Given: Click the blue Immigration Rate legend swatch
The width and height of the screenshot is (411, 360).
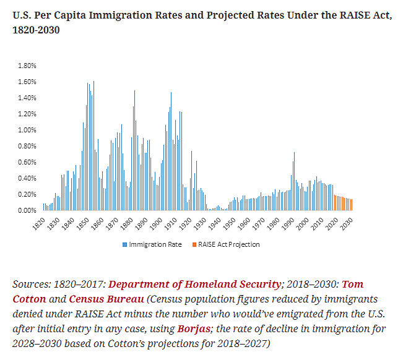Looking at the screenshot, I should coord(125,244).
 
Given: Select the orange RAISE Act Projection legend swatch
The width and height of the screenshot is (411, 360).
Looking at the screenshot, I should coord(194,244).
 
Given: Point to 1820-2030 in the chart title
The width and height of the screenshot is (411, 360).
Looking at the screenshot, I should coord(36,29).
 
